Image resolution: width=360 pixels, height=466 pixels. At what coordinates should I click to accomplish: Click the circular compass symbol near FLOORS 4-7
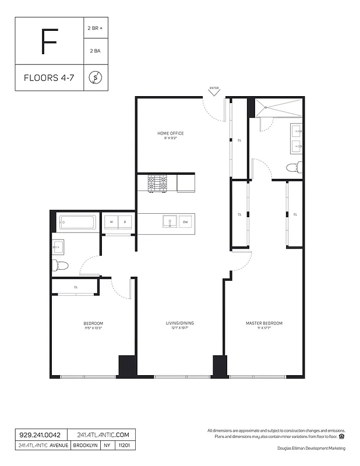click(94, 77)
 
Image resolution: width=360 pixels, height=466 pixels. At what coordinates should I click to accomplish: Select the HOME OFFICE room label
click(170, 133)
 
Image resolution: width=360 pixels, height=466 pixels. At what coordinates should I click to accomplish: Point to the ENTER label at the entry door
click(214, 89)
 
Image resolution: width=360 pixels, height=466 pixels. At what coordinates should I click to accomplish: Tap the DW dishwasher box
click(185, 221)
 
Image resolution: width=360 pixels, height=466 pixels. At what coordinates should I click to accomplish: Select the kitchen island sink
click(170, 221)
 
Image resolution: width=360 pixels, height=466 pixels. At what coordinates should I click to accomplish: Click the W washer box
click(111, 222)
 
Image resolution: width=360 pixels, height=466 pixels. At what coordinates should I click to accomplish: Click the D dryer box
click(125, 222)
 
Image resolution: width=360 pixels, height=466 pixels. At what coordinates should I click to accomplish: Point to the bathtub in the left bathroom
click(77, 223)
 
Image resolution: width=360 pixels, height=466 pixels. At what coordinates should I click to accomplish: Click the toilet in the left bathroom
click(61, 266)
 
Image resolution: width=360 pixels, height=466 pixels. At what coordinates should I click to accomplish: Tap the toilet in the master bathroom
click(293, 168)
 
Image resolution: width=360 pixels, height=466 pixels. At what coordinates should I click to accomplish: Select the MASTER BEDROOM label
click(264, 323)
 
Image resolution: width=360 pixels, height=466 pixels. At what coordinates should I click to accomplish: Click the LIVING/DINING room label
click(179, 323)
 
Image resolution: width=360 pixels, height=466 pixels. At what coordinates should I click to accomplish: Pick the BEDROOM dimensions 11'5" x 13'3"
click(93, 328)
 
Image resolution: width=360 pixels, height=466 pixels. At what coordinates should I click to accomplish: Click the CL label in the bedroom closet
click(76, 287)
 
